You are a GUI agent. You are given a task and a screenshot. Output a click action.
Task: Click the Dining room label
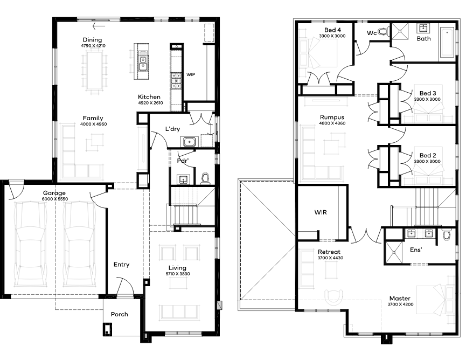tap(92, 40)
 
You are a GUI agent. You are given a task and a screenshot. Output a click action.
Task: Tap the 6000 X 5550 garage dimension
tap(55, 199)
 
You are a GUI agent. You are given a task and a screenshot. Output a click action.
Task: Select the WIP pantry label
tap(191, 74)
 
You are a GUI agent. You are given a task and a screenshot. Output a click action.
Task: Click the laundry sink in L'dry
tap(190, 142)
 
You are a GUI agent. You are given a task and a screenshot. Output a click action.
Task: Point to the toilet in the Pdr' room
tap(205, 178)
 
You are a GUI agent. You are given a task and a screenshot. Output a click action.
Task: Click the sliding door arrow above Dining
tap(99, 26)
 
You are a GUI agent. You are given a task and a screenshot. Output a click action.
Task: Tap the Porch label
tap(120, 314)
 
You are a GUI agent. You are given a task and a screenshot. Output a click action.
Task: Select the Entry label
tap(121, 265)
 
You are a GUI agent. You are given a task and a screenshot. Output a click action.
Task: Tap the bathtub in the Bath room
tap(447, 42)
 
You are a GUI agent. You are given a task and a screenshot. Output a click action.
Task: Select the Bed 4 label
tap(332, 30)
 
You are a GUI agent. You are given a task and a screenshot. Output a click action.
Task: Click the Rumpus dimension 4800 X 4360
tap(332, 123)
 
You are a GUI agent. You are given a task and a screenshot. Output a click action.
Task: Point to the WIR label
tap(321, 212)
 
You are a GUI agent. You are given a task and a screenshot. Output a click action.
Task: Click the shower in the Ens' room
tap(394, 252)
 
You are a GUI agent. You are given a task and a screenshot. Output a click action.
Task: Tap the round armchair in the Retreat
tap(334, 297)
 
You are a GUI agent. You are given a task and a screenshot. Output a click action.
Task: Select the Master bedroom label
tap(400, 298)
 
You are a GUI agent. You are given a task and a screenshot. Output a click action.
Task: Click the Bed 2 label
tap(428, 155)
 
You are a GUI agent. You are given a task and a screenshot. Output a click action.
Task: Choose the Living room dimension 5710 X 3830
tap(178, 274)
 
